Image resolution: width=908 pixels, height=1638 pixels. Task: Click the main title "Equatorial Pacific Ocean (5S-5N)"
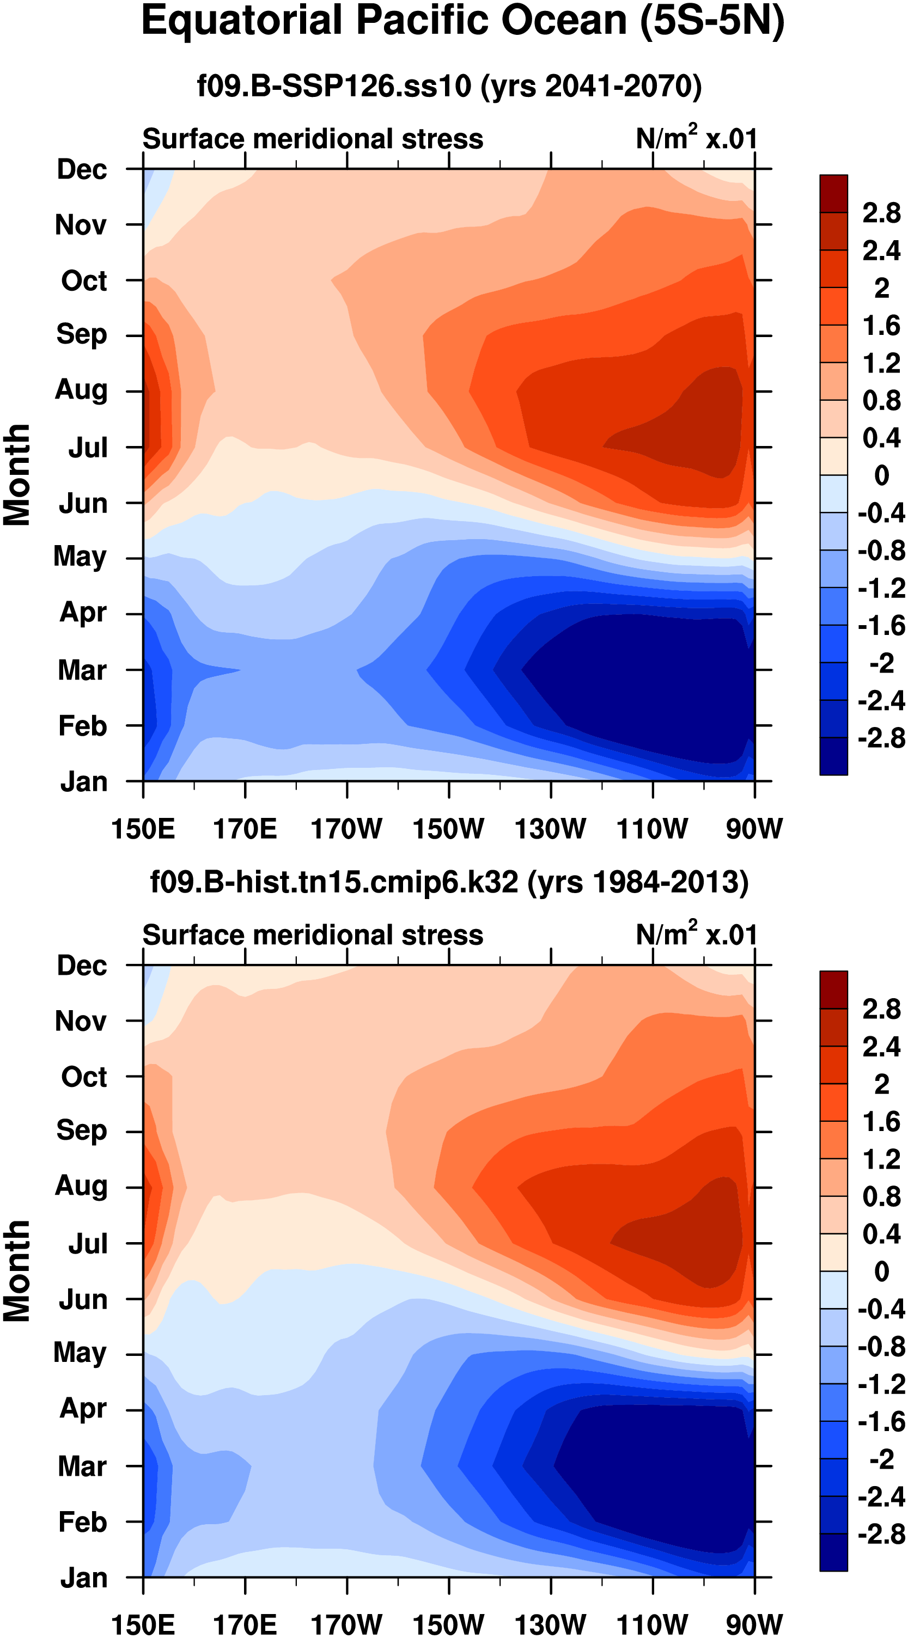click(462, 21)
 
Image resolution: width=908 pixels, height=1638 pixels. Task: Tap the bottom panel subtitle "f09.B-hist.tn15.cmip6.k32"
click(334, 882)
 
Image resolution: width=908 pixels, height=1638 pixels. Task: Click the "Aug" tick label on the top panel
click(81, 390)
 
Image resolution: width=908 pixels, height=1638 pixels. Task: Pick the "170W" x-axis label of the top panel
click(346, 829)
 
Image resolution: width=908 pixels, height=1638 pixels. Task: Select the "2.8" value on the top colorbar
click(881, 213)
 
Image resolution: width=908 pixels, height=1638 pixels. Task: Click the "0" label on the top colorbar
click(881, 475)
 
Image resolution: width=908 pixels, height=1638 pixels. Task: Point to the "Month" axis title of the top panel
click(17, 475)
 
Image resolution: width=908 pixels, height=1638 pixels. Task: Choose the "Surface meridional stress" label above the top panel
click(312, 139)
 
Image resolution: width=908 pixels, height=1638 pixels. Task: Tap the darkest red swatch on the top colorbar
click(833, 193)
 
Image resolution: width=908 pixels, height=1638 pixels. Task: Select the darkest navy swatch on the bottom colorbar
click(833, 1551)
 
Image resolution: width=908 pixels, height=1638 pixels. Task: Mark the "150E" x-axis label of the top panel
click(143, 829)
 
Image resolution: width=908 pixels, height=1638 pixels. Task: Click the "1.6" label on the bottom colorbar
click(881, 1122)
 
